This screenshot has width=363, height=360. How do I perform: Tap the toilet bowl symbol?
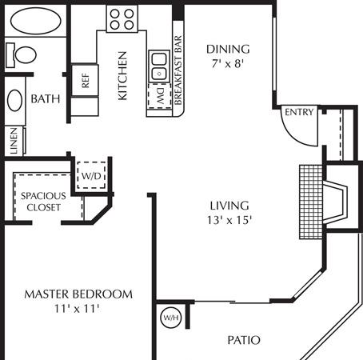26,54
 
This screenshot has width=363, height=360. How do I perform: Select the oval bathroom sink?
14,100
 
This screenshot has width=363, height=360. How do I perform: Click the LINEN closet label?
14,141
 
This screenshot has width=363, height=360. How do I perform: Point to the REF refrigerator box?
85,80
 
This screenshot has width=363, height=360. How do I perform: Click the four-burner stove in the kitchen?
122,18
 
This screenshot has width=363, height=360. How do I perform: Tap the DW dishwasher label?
160,95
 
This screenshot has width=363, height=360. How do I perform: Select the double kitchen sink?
159,66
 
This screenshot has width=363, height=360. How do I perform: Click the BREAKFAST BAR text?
178,70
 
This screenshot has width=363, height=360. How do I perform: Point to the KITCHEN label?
122,76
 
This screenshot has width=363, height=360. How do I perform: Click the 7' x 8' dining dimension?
228,64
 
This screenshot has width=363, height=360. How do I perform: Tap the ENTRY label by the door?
299,112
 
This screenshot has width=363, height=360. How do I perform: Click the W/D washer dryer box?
91,175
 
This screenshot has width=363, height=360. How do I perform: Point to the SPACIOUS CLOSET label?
43,202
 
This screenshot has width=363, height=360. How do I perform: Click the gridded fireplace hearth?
311,202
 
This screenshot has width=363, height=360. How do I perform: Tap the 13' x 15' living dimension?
229,221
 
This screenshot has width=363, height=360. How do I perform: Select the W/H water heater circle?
171,318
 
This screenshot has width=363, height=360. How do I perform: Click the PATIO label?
244,340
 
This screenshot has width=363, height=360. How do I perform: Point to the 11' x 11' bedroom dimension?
77,309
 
